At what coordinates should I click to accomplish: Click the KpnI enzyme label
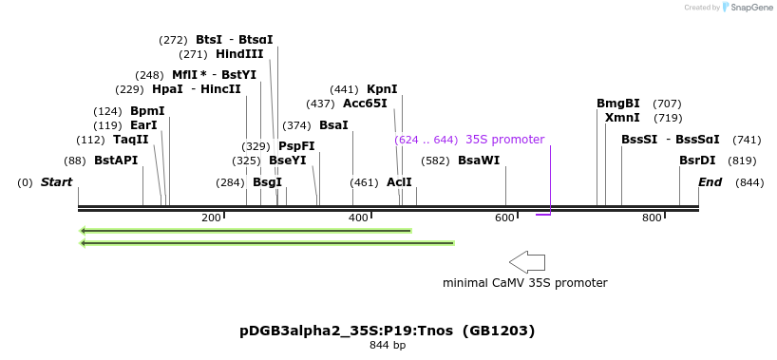tap(382, 89)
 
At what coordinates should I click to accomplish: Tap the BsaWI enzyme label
tap(478, 161)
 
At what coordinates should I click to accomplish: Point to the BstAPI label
tap(116, 161)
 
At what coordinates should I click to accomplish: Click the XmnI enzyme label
tap(622, 118)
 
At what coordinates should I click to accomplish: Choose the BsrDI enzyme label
tap(697, 161)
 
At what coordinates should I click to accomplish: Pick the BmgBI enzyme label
tap(618, 104)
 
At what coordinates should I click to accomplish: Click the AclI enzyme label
tap(399, 181)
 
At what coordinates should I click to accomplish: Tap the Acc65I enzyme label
tap(365, 104)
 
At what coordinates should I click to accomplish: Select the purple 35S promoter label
tap(504, 140)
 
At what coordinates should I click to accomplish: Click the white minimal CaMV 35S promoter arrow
tap(527, 261)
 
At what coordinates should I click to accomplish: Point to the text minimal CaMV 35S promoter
tap(524, 282)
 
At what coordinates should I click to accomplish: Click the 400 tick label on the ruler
tap(359, 218)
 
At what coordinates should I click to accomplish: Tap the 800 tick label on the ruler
tap(652, 218)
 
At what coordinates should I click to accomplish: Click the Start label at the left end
tap(56, 182)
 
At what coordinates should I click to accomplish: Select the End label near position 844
tap(711, 182)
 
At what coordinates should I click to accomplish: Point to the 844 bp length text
tap(387, 346)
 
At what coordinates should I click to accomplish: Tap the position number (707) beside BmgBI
tap(667, 104)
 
